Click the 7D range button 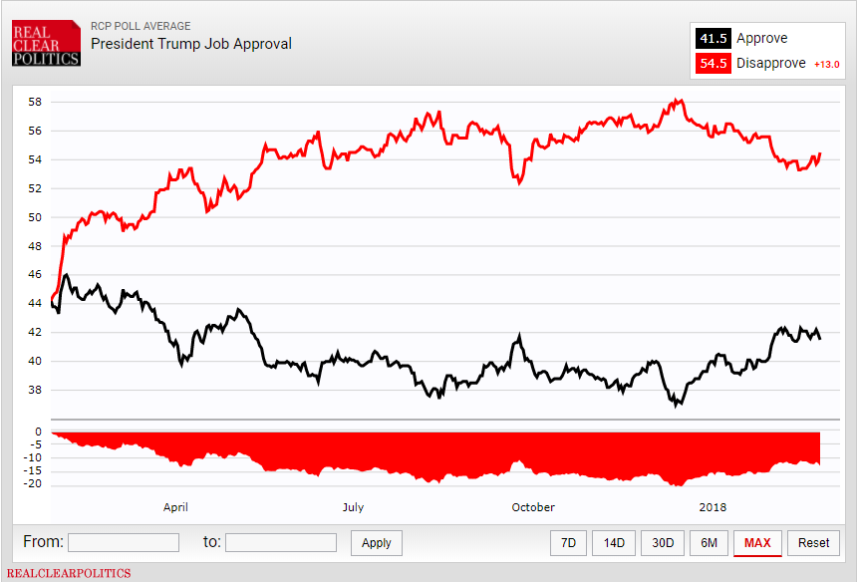tap(568, 543)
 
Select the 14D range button tap(615, 543)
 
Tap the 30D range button tap(663, 543)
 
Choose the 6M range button tap(709, 543)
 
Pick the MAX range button tap(757, 543)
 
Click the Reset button tap(813, 543)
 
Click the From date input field tap(124, 543)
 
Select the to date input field tap(281, 543)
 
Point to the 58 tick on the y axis tap(35, 102)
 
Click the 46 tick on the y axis tap(35, 274)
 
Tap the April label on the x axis tap(175, 507)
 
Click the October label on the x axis tap(533, 507)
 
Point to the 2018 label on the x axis tap(713, 507)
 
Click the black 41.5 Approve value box tap(714, 39)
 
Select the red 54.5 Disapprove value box tap(714, 64)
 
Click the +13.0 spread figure tap(827, 65)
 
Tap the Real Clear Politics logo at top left tap(46, 45)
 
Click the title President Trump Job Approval tap(191, 44)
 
